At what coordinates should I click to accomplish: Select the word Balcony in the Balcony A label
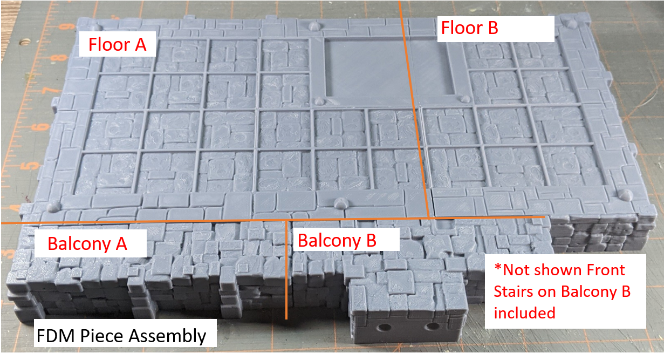[x=79, y=244]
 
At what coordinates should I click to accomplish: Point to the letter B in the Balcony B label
[x=371, y=240]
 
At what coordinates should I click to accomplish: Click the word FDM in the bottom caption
[x=55, y=336]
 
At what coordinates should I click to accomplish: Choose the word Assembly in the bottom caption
[x=167, y=337]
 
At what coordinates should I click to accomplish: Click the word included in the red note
[x=524, y=313]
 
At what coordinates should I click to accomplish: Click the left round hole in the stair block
[x=385, y=328]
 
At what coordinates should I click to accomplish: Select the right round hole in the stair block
[x=432, y=327]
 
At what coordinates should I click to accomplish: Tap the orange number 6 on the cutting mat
[x=43, y=127]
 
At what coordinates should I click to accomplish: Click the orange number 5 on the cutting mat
[x=32, y=166]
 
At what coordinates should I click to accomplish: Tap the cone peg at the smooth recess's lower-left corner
[x=319, y=101]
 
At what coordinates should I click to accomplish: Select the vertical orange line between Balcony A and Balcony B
[x=286, y=270]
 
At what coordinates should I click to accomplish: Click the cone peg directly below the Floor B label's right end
[x=569, y=24]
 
